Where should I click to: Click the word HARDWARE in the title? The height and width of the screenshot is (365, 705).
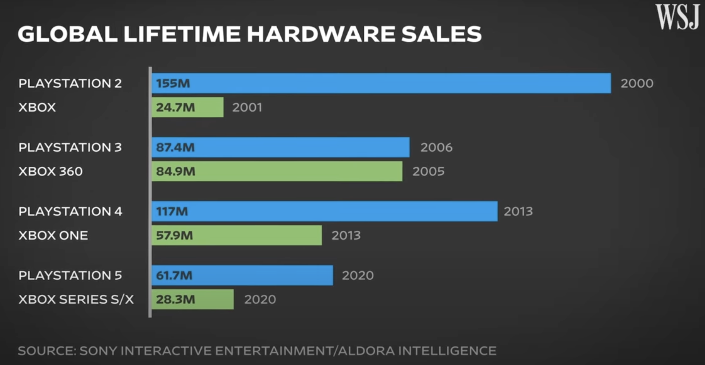coord(321,34)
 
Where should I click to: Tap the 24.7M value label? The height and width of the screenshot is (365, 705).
coord(175,107)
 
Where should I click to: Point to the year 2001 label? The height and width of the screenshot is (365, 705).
coord(247,107)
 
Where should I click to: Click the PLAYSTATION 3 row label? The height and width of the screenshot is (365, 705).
coord(70,147)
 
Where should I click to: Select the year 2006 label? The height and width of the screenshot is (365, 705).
coord(436,147)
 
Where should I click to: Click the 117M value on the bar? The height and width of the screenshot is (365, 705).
coord(172,211)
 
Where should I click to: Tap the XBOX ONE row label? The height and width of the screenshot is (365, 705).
coord(53,236)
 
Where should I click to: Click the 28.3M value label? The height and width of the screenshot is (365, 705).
coord(175,299)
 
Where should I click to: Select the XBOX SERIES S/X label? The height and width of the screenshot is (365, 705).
coord(76,299)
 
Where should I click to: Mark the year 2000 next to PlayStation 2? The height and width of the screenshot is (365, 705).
coord(637,83)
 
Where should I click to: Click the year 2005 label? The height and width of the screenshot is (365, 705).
coord(428,171)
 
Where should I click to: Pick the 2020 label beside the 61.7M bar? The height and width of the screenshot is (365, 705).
coord(358,275)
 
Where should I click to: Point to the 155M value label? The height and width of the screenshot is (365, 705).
coord(173,83)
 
